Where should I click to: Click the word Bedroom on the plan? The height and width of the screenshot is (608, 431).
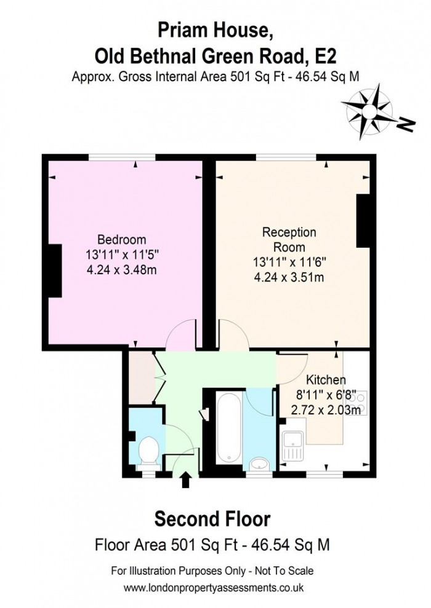point(122,240)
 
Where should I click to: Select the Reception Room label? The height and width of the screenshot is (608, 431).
point(289,240)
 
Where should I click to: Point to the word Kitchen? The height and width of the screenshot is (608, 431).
point(326,380)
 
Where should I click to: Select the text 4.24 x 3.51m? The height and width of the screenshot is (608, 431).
point(289,277)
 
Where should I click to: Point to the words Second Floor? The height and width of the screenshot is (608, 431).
point(212,519)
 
